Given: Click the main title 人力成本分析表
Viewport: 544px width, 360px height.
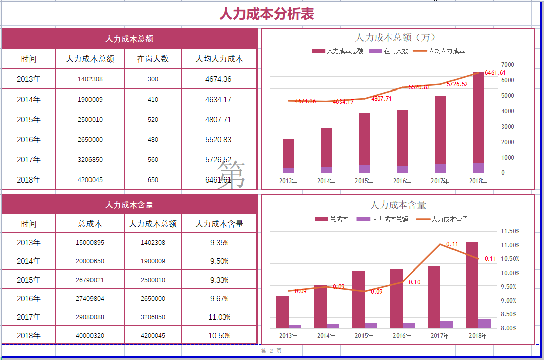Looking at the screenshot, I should tap(266, 14).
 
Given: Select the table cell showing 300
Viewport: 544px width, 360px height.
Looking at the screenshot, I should tap(153, 79).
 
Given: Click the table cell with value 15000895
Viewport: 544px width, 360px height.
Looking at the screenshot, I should tap(90, 243).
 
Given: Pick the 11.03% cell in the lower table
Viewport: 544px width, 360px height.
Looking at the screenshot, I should tap(219, 317).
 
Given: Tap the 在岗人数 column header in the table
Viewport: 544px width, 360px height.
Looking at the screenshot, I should tap(153, 59).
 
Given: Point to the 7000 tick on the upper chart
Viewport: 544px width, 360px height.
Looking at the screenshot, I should tap(507, 65).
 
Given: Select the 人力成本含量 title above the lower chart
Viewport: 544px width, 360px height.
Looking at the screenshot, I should tap(398, 205).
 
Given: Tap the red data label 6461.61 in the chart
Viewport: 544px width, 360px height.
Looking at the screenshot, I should tap(495, 73).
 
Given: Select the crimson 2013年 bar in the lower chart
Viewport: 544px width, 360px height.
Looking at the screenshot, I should tap(283, 312).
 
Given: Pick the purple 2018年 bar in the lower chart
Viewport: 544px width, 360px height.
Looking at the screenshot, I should tap(484, 324).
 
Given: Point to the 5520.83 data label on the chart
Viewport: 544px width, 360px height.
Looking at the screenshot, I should tap(419, 87).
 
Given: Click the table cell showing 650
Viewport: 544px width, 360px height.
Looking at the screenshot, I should tap(153, 180).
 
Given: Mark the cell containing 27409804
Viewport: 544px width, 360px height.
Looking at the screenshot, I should tap(90, 299).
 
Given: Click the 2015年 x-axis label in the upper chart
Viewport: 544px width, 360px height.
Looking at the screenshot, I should tap(364, 181).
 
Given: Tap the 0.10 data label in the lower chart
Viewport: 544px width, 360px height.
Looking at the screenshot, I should tap(415, 283).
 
